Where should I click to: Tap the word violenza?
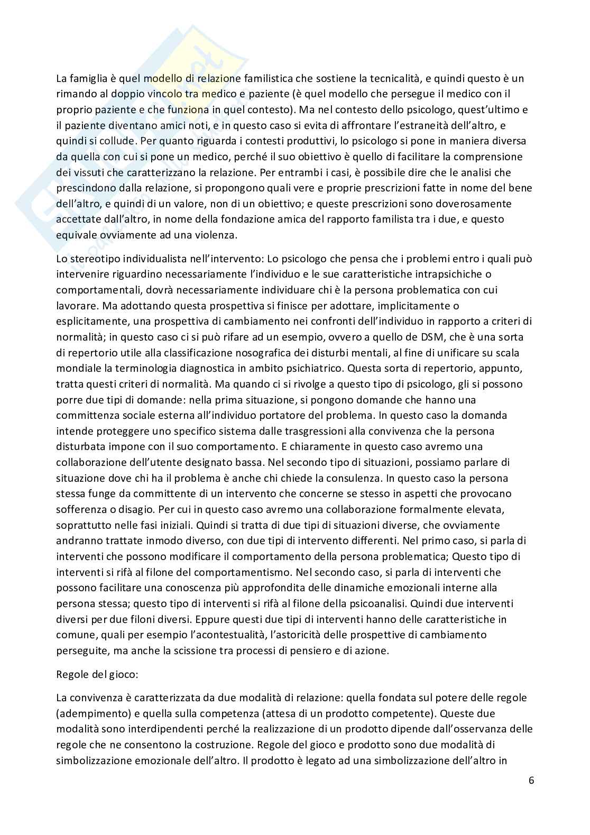tap(217, 235)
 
